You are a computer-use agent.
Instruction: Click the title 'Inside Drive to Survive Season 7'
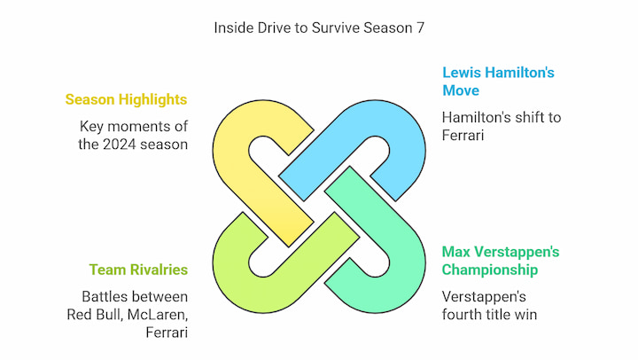(319, 27)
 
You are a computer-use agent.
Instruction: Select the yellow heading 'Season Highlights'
(126, 99)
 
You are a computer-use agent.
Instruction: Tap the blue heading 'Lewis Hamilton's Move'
(498, 82)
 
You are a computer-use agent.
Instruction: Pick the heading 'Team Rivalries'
(138, 270)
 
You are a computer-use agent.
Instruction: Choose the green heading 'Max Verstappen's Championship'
(501, 261)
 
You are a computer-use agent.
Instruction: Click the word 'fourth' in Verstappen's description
(462, 315)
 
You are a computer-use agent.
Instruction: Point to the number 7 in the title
(420, 28)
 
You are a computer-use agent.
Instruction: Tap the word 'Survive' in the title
(336, 28)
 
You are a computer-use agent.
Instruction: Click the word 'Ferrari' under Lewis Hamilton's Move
(463, 136)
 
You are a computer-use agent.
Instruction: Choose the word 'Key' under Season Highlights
(91, 127)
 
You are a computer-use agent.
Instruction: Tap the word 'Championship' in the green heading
(490, 270)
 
